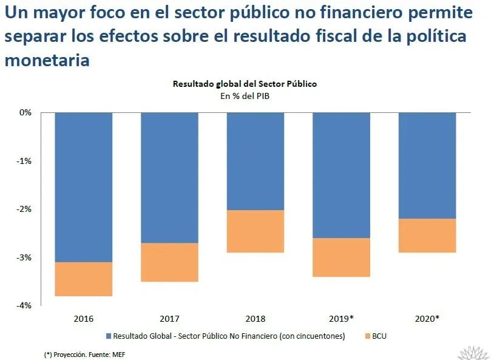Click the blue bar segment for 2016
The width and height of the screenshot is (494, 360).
[x=84, y=187]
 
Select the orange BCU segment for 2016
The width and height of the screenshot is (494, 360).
[x=84, y=279]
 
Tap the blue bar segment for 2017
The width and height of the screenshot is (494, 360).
[x=169, y=177]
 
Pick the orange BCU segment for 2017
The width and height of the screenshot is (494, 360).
[x=169, y=262]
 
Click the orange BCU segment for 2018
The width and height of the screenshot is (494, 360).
[x=255, y=231]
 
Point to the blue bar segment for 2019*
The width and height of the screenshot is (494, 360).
[x=341, y=175]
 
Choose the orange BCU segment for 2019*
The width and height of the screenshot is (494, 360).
[x=341, y=257]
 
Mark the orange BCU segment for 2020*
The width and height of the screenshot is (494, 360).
[x=427, y=236]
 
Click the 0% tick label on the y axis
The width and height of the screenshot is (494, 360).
[x=25, y=112]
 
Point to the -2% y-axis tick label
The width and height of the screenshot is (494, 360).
[x=24, y=209]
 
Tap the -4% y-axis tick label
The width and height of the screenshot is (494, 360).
[x=24, y=306]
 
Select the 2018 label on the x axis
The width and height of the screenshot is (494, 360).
[x=255, y=318]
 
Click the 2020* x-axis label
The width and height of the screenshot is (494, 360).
[x=427, y=318]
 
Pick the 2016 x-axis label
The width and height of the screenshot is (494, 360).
[x=84, y=318]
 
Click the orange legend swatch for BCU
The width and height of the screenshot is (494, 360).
[x=367, y=336]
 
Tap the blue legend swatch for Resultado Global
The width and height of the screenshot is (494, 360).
[x=109, y=336]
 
